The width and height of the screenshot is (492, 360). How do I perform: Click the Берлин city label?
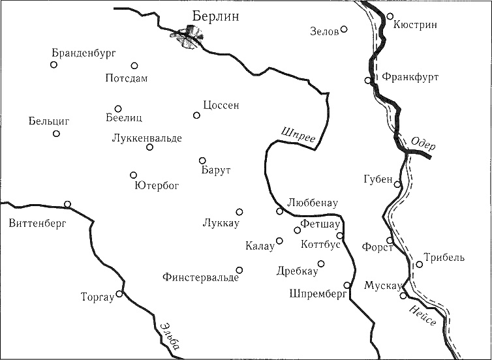tap(217, 16)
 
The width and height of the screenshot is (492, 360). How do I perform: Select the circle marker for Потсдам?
tap(134, 65)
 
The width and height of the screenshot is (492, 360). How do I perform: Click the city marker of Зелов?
tap(345, 29)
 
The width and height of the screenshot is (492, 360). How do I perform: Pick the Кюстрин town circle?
tap(390, 16)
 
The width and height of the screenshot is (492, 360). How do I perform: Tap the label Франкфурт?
tap(410, 77)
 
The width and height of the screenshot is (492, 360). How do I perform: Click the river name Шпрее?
tap(298, 134)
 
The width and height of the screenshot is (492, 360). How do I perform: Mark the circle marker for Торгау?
tap(119, 293)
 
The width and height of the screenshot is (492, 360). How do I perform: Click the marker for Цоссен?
tap(196, 115)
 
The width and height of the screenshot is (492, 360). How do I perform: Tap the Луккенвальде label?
tap(147, 138)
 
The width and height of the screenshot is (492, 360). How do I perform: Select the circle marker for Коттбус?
tap(340, 235)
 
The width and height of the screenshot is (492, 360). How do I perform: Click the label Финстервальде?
tap(200, 277)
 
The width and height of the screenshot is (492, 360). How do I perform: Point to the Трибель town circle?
tap(419, 264)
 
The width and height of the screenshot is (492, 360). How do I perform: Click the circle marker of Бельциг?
tap(56, 134)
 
